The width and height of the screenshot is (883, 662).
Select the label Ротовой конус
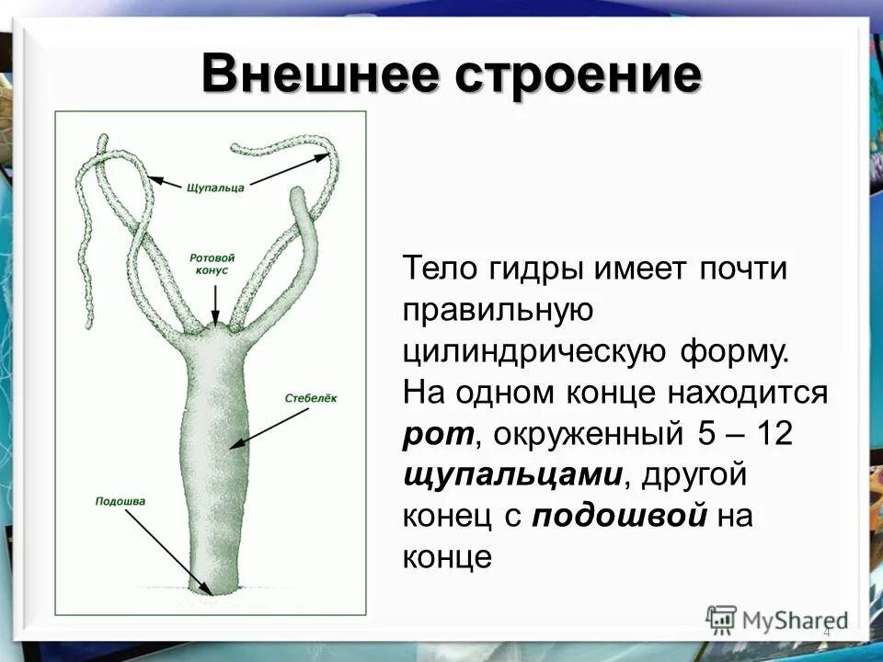[214, 265]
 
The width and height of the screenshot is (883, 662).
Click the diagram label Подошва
[120, 502]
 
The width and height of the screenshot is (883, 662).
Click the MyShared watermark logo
[777, 620]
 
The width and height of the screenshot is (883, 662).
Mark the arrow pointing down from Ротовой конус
[214, 302]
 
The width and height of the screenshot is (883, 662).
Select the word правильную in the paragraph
[497, 311]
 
